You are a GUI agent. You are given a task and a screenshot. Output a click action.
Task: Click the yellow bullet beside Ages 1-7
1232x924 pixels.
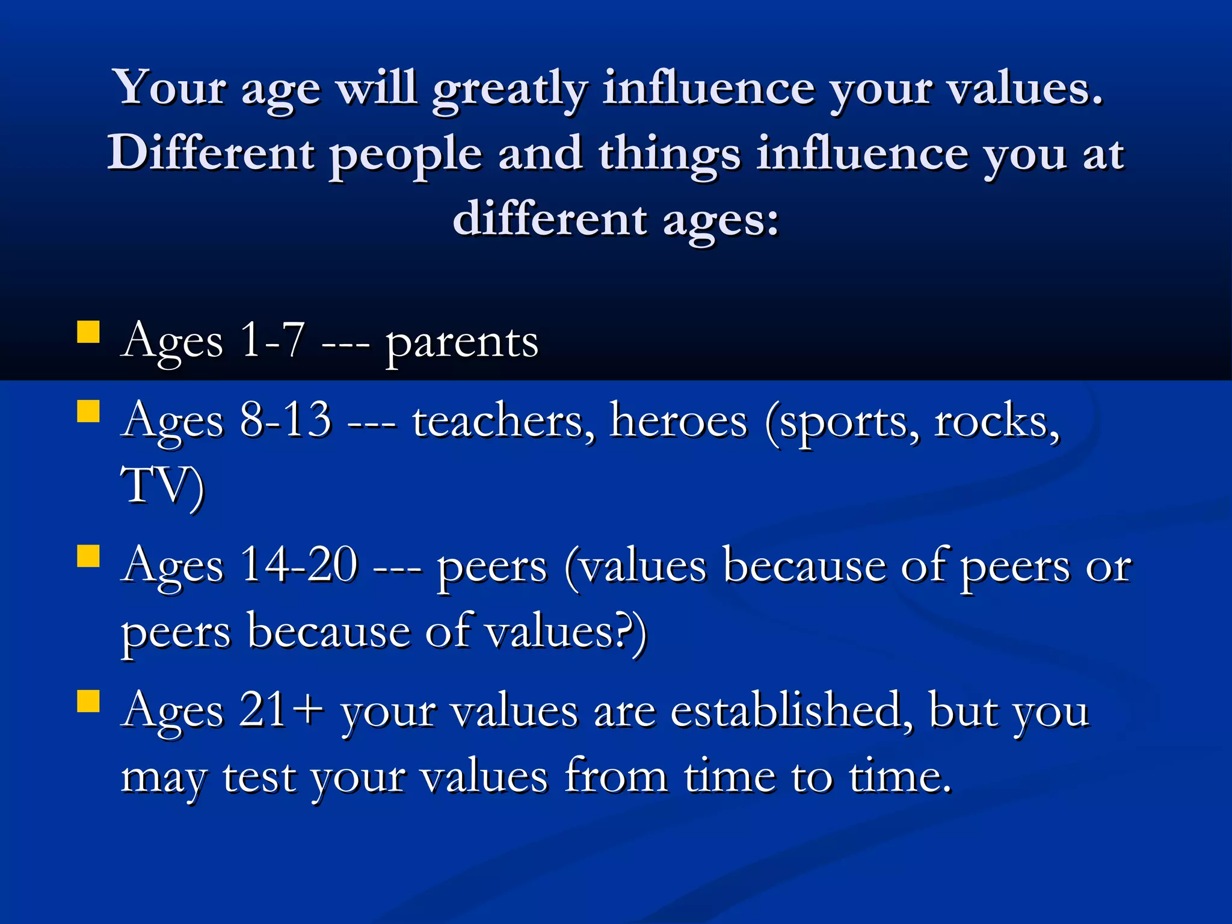click(x=88, y=331)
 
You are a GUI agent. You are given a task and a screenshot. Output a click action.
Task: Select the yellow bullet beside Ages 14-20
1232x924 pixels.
click(x=88, y=556)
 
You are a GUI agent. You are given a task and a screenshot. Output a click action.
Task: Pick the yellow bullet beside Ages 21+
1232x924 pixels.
click(x=88, y=701)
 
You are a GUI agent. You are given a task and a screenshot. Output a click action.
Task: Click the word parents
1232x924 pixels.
click(x=461, y=343)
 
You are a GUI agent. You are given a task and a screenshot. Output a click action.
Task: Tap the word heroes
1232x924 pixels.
click(x=678, y=420)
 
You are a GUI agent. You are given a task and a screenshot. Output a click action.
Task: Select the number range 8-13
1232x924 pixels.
click(x=286, y=419)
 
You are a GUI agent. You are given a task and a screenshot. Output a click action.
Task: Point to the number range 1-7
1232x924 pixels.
click(x=272, y=340)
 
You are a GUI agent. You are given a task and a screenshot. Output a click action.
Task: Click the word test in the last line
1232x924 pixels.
click(x=259, y=777)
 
